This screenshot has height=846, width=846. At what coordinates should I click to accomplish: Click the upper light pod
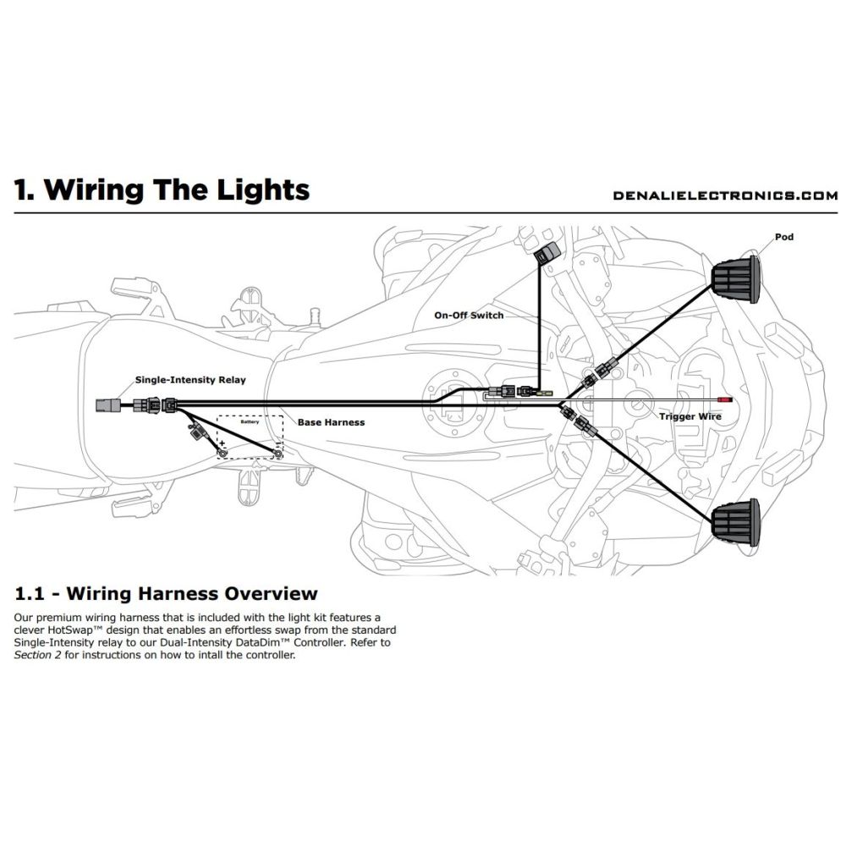click(x=734, y=280)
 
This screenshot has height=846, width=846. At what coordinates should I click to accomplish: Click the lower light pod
click(x=734, y=519)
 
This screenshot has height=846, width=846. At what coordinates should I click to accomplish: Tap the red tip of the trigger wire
click(x=723, y=398)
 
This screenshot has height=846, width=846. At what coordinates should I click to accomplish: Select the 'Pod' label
click(x=784, y=237)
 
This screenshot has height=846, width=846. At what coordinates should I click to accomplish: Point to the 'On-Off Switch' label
click(x=469, y=315)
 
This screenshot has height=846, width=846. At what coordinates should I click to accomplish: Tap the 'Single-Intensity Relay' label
click(x=190, y=380)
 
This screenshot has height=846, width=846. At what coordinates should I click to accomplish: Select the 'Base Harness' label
click(x=331, y=421)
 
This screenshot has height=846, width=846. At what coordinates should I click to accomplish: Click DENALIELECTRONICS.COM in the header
click(x=725, y=195)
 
